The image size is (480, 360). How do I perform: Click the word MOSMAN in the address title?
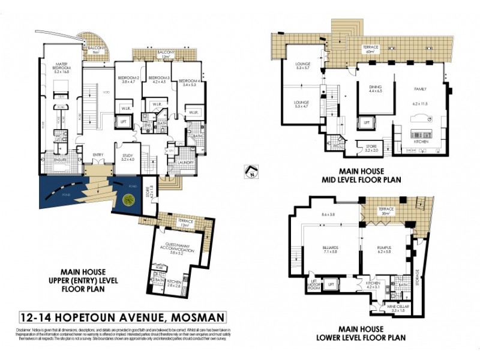pyautogui.click(x=191, y=317)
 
